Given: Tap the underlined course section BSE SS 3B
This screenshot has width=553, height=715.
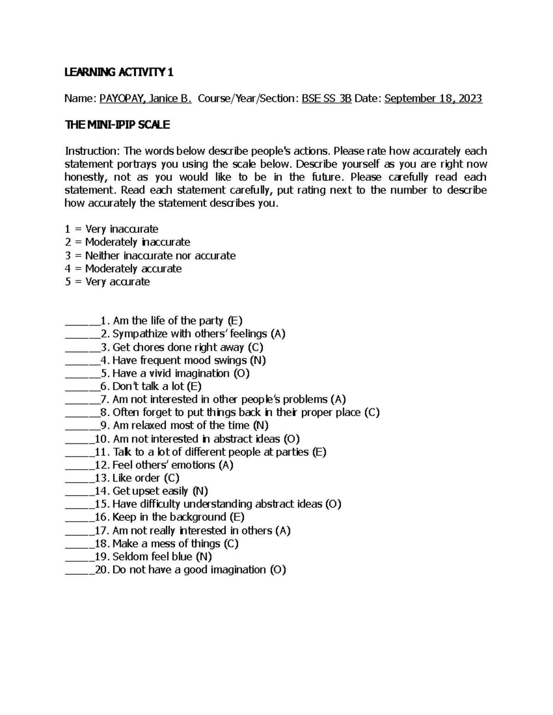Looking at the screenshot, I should [327, 98].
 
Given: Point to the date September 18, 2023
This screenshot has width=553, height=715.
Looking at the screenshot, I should [433, 98].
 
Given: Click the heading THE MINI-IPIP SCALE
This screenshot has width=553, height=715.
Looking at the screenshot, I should [118, 124].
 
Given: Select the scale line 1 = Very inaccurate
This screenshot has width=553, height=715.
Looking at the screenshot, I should [112, 229].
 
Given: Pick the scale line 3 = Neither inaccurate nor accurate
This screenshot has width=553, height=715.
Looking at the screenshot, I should [150, 256].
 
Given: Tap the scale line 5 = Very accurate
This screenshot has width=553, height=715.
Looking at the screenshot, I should [107, 282].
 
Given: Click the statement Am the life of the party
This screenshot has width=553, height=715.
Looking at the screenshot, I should [168, 320].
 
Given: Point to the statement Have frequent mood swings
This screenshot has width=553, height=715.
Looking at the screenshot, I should [179, 360].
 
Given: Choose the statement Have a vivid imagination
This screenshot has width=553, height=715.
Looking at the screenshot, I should [171, 373].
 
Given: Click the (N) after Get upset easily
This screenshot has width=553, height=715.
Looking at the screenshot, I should [200, 491].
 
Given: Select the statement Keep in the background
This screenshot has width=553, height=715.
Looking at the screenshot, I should [169, 517].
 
